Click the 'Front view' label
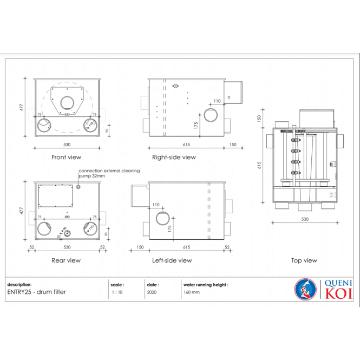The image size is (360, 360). pos(66,158)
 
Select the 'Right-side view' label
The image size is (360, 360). pos(174,158)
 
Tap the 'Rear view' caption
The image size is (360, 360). pos(66,260)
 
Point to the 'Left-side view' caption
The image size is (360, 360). pos(172,260)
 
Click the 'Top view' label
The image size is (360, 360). pos(304,260)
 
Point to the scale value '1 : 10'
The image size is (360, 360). pos(117,291)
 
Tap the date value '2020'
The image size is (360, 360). pos(152,291)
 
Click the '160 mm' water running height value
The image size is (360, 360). pos(192,291)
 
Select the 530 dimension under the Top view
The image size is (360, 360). pos(304,219)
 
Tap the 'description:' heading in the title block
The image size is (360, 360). pos(19,284)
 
